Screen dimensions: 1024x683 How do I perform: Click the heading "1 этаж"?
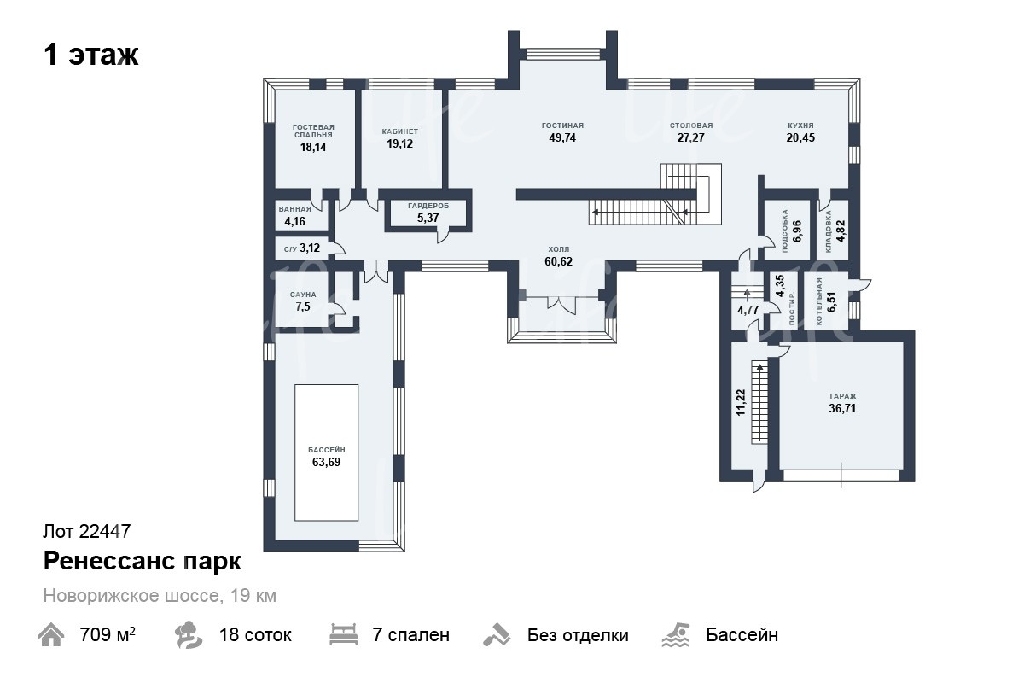pyautogui.click(x=91, y=55)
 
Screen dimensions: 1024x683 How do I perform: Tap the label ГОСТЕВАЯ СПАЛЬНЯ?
pyautogui.click(x=314, y=131)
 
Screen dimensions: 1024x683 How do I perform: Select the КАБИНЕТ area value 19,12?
pyautogui.click(x=400, y=143)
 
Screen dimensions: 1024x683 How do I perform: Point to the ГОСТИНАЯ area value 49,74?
pyautogui.click(x=562, y=137)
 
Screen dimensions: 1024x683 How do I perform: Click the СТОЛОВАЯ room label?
pyautogui.click(x=691, y=126)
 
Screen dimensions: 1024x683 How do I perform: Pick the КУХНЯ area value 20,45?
pyautogui.click(x=800, y=137)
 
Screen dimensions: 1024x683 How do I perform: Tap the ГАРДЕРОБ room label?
pyautogui.click(x=428, y=206)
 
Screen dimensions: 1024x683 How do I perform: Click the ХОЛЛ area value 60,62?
pyautogui.click(x=558, y=261)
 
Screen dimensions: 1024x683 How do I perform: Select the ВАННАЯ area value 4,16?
pyautogui.click(x=295, y=221)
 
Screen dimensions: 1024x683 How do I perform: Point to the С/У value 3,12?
pyautogui.click(x=310, y=248)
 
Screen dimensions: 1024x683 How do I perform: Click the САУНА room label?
pyautogui.click(x=303, y=295)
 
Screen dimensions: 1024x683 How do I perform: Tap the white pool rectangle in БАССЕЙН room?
pyautogui.click(x=326, y=452)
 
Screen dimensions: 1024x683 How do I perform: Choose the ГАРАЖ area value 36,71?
pyautogui.click(x=842, y=408)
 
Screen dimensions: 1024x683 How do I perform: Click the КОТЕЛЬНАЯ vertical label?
pyautogui.click(x=818, y=301)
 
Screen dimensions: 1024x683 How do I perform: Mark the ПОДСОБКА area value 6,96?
pyautogui.click(x=797, y=231)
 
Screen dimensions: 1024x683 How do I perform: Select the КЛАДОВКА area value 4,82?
pyautogui.click(x=841, y=231)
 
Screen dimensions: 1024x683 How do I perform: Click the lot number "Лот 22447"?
pyautogui.click(x=87, y=532)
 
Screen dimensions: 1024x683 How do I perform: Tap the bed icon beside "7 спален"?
pyautogui.click(x=344, y=634)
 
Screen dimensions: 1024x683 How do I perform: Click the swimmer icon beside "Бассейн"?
pyautogui.click(x=676, y=635)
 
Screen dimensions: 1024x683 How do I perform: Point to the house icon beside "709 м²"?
pyautogui.click(x=50, y=635)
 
